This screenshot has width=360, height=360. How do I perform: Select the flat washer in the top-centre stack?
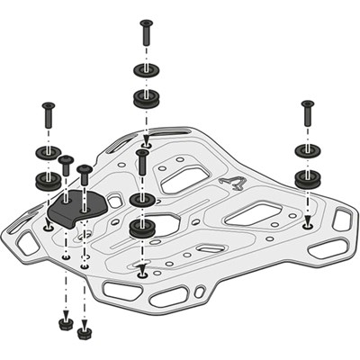(145, 70)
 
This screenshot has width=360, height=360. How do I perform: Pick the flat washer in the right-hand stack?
(307, 148)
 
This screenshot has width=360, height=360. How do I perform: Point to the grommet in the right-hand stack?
(307, 176)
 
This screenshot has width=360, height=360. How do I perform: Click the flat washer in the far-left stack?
(47, 150)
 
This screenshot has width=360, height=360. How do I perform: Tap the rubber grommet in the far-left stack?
(47, 179)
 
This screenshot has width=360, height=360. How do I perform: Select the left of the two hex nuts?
(66, 321)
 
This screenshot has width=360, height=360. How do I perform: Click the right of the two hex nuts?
(85, 332)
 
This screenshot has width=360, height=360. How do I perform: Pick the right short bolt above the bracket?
(85, 179)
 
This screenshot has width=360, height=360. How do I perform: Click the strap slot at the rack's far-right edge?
(342, 218)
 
